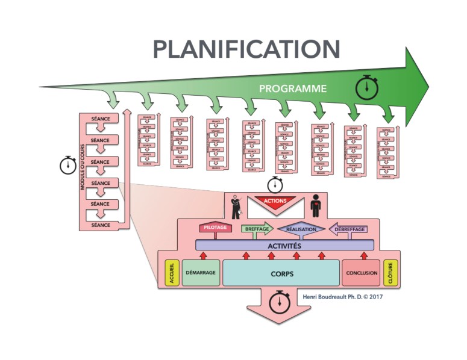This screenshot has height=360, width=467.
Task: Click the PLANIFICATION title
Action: tap(246, 49)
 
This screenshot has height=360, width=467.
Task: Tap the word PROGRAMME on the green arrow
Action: tap(293, 88)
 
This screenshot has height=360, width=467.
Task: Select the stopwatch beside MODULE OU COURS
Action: tap(69, 165)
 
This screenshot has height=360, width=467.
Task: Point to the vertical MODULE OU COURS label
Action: tap(83, 169)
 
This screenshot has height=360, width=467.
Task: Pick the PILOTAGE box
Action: tap(215, 228)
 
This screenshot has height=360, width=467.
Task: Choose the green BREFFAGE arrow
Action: tap(256, 229)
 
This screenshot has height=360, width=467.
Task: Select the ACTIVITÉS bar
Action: tap(285, 245)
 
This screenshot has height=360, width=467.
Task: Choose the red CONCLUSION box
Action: tap(362, 273)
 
